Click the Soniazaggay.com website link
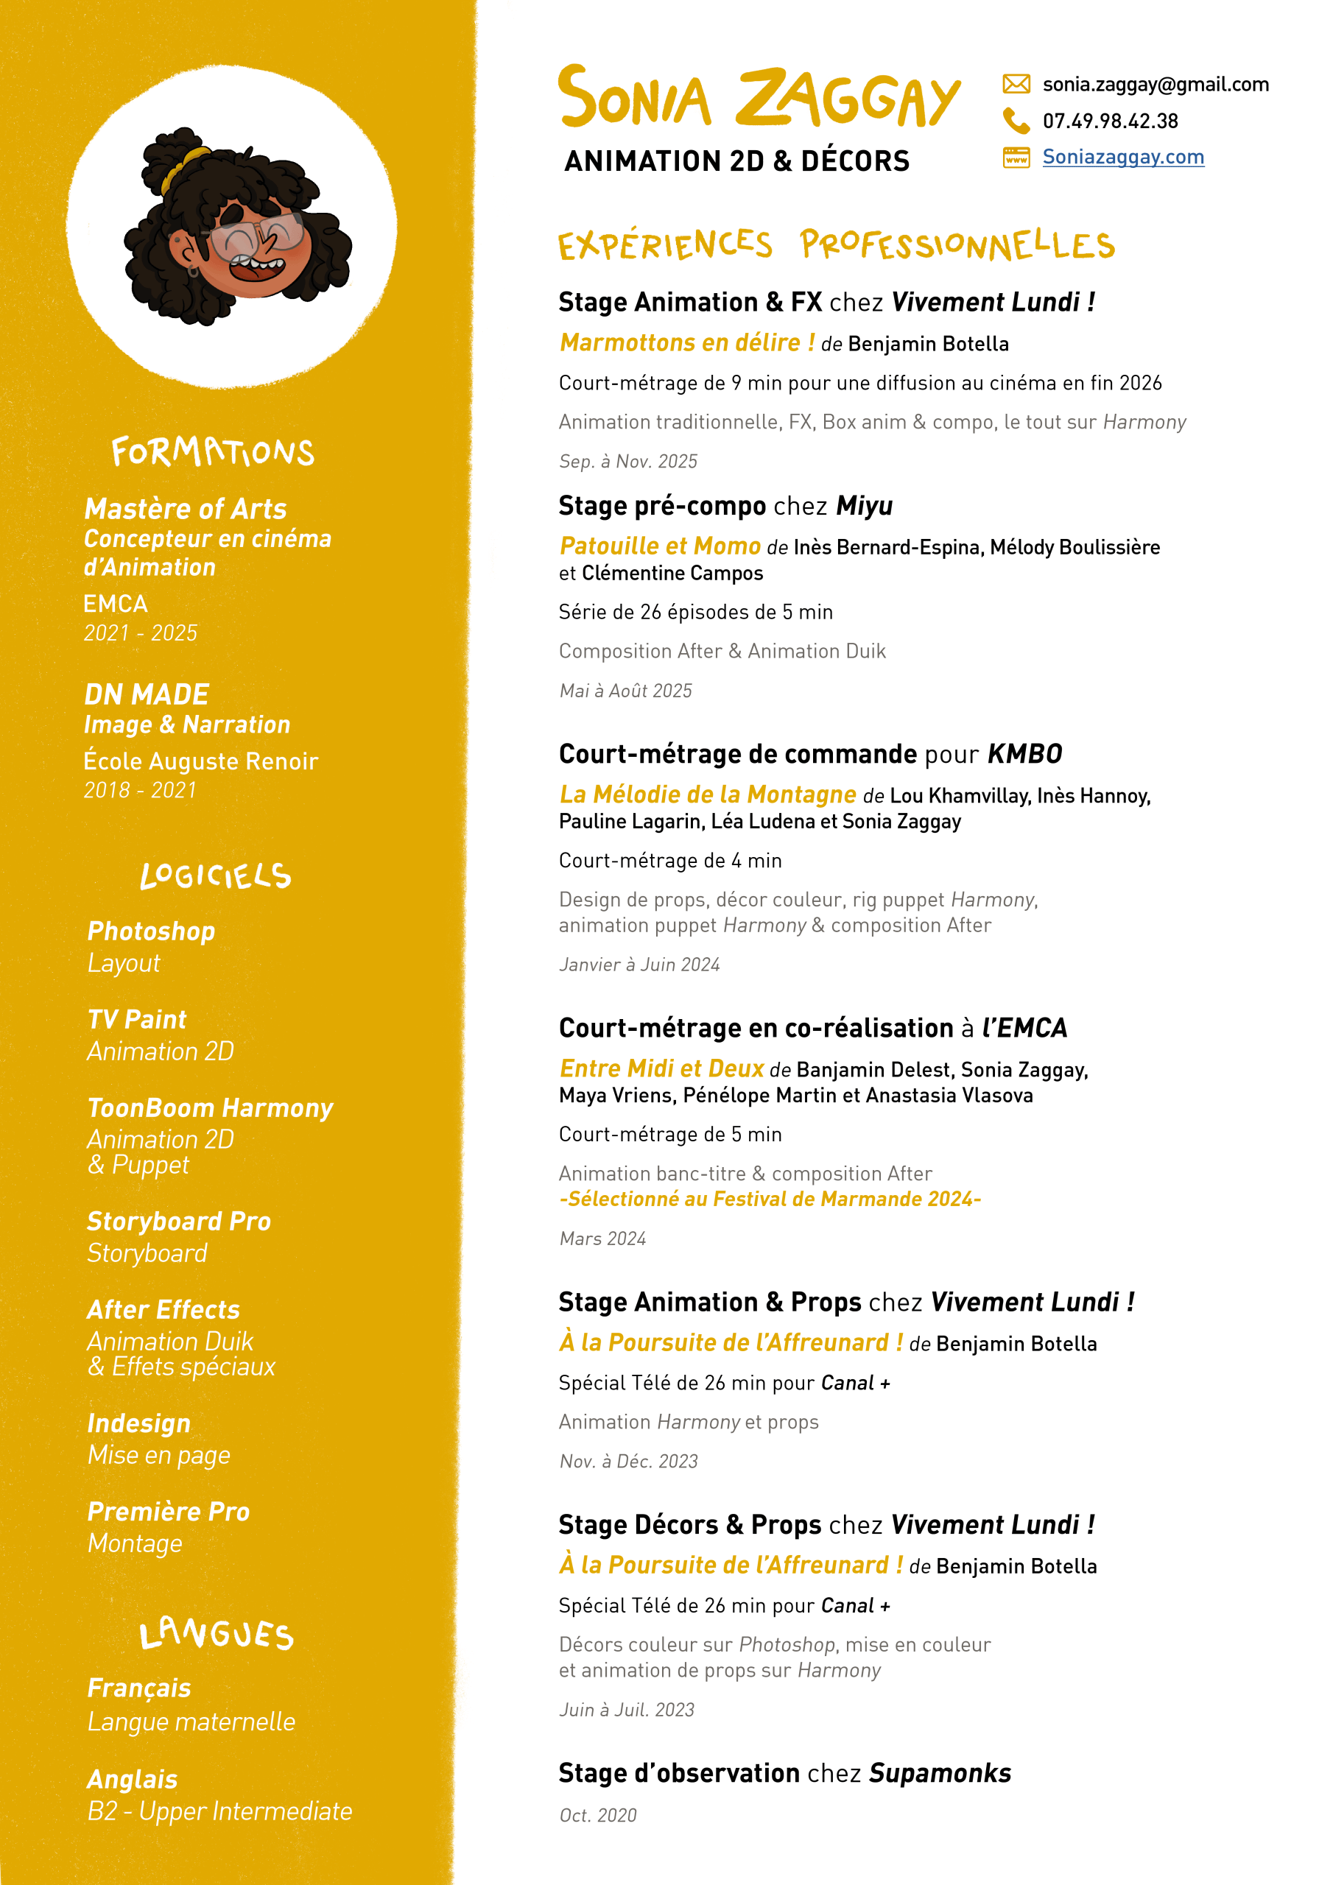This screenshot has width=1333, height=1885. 1123,157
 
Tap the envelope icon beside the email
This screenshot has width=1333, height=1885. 1016,84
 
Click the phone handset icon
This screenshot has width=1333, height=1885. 1016,121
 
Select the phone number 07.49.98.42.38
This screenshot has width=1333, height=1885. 1110,121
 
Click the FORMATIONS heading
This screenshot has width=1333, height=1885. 213,451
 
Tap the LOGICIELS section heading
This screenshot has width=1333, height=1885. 215,876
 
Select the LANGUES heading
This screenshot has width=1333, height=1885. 216,1634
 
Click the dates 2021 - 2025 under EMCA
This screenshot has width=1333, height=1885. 141,633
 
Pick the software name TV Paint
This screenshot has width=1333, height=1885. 137,1020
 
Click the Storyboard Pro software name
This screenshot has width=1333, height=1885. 179,1222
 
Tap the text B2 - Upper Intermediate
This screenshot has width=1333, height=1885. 220,1811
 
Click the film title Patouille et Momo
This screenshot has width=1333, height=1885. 661,546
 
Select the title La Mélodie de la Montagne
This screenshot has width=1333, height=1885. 708,794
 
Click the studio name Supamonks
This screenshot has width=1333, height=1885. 940,1773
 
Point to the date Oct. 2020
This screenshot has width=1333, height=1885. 598,1815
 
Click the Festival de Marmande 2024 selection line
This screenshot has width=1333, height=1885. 770,1199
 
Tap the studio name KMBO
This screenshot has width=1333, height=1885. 1024,754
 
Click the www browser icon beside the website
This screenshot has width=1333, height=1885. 1016,157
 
